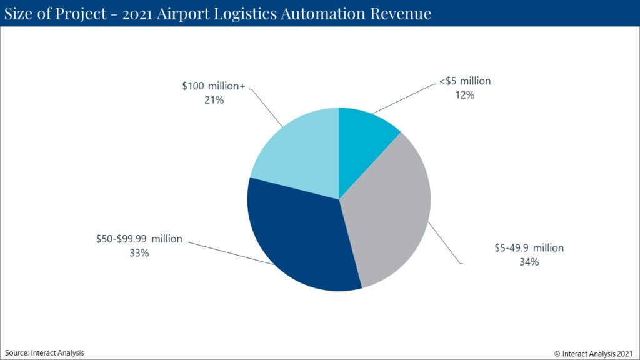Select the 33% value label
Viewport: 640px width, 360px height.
pos(139,252)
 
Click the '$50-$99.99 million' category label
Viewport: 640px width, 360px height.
pos(139,239)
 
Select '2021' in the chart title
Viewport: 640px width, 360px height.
pos(142,13)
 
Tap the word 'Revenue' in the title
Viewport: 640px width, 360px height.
pos(400,13)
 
